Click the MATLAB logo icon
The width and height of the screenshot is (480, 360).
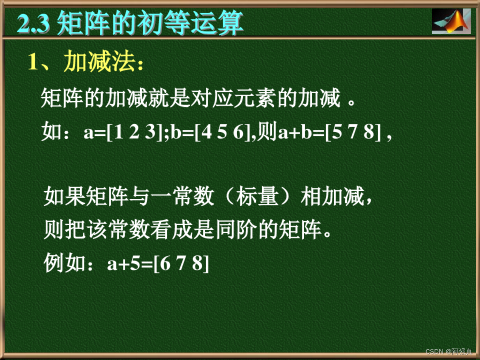pos(451,21)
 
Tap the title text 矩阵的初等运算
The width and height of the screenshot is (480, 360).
pos(150,24)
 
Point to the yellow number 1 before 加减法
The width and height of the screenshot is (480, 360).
pos(33,62)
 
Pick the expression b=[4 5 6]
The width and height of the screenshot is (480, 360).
pos(211,133)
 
